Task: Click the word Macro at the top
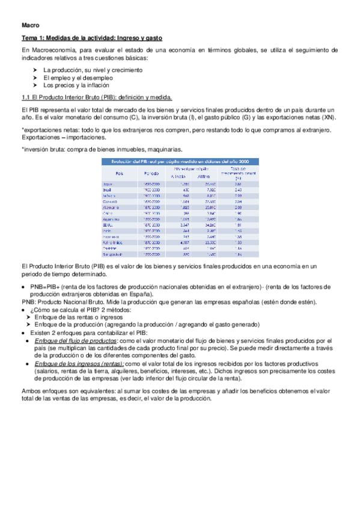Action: pos(30,26)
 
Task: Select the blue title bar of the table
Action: pos(180,161)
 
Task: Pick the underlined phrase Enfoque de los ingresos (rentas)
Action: pos(79,364)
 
